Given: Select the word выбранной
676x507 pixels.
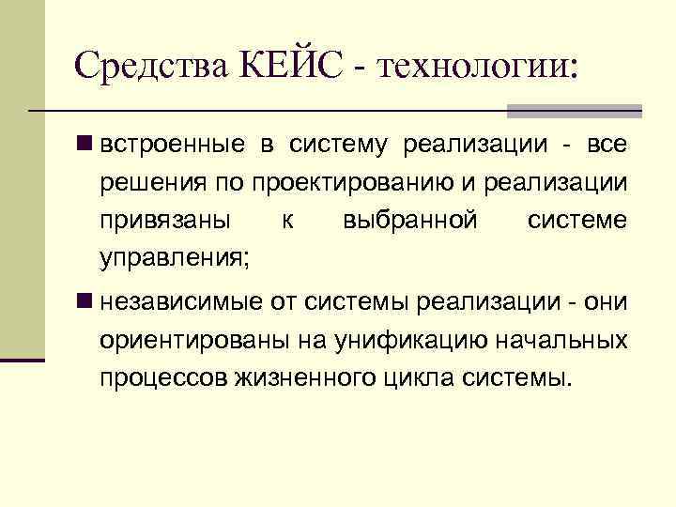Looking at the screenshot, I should coord(411,221).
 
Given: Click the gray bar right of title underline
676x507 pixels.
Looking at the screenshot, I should coord(574,111).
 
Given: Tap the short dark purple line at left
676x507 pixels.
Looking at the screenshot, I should coord(23,360).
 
